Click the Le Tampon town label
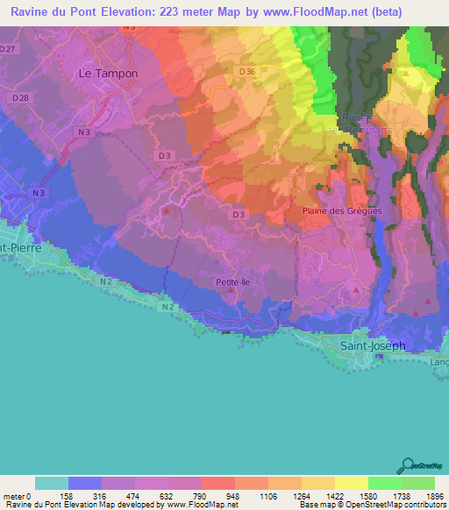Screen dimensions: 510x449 click(x=108, y=74)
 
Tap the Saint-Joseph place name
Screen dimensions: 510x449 click(x=373, y=345)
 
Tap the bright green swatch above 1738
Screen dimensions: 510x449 click(x=384, y=483)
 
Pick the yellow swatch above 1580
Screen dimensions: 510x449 click(x=351, y=483)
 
